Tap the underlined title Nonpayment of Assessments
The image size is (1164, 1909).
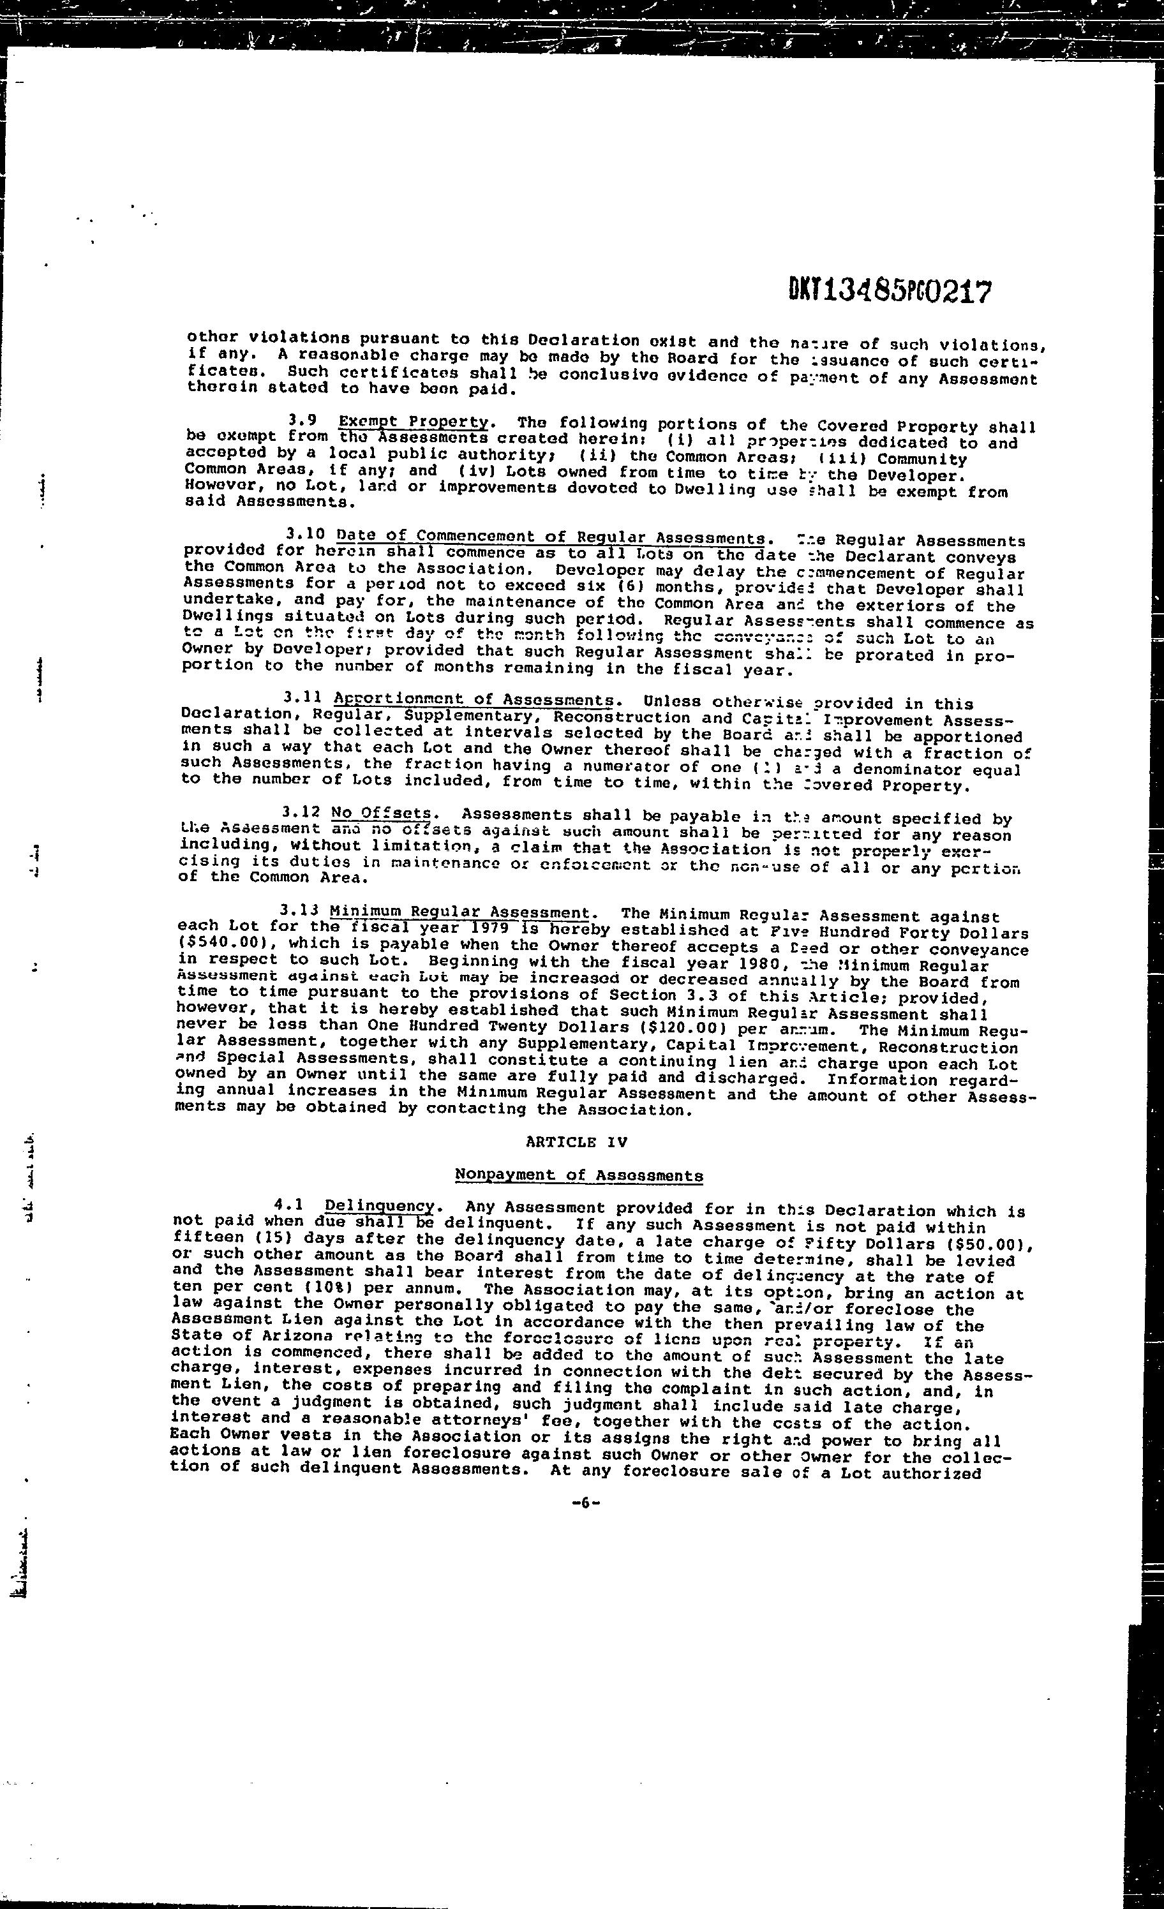pos(579,1175)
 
